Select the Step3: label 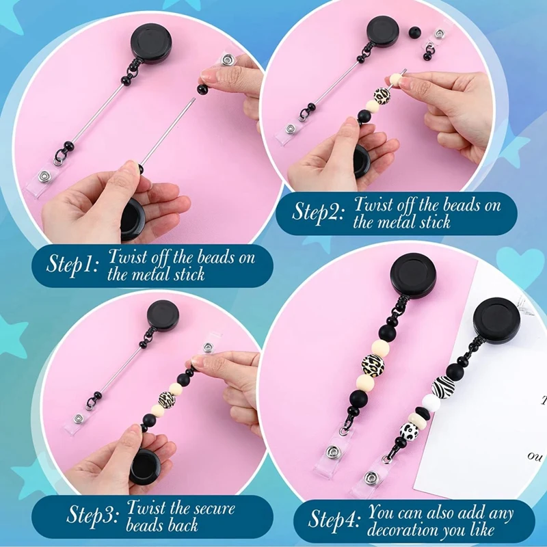[x=94, y=516]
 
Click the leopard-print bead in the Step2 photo [x=382, y=96]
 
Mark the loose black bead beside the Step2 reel [x=414, y=32]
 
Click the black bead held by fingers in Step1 [x=202, y=89]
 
